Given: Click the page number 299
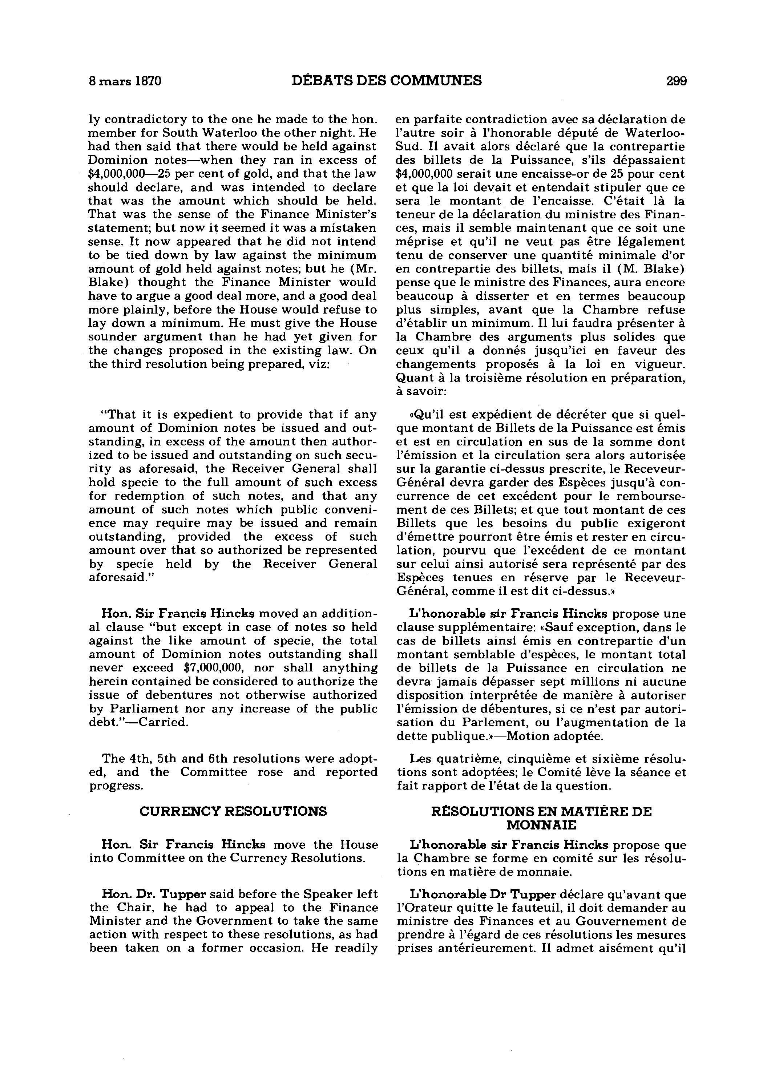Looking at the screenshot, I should click(676, 81).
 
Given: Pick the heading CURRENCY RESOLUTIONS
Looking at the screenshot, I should click(233, 811).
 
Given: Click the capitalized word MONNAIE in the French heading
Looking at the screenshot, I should click(541, 825).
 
